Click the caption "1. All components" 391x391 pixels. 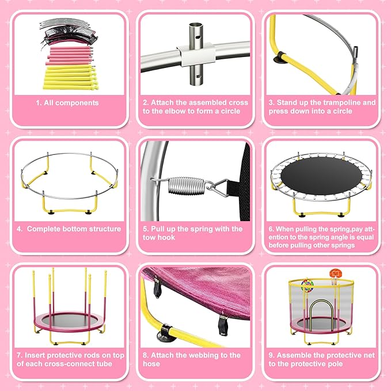67,103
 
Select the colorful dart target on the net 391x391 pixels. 308,286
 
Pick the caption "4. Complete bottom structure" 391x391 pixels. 69,229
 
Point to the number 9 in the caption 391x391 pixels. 272,355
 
